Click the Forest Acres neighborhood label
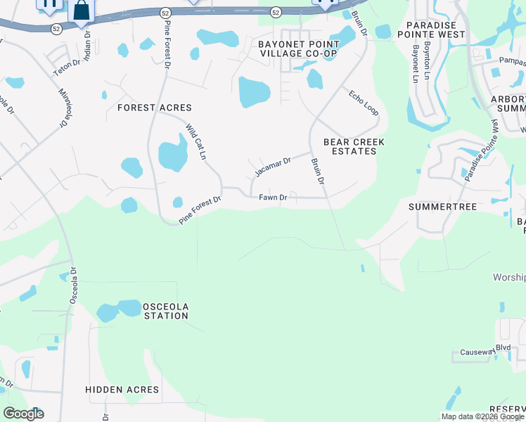154,108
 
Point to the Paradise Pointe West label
431,30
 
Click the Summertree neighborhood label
443,207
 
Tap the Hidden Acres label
122,390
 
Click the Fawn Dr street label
273,198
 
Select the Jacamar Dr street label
273,167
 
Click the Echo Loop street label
363,103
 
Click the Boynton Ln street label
426,61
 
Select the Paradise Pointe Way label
480,151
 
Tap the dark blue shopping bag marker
82,11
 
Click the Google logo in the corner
23,414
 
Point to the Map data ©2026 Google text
482,416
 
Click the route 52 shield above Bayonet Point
275,13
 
